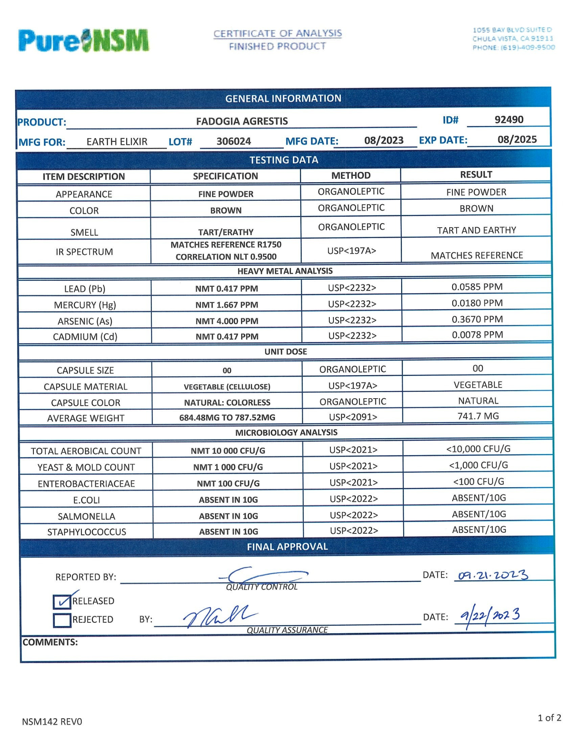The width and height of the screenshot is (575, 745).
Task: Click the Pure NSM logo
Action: click(84, 40)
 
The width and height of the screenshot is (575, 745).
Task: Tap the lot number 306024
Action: click(234, 142)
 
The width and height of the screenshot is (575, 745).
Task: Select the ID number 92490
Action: click(509, 120)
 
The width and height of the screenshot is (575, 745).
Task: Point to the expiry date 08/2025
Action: click(517, 140)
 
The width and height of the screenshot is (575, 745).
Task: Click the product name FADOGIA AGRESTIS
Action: click(242, 121)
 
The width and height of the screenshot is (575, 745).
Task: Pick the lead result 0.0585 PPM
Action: click(477, 287)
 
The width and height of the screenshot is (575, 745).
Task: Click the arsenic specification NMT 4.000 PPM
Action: click(227, 321)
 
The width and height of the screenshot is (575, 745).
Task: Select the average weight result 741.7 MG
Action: click(478, 416)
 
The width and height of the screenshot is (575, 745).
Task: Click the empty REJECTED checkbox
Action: click(61, 620)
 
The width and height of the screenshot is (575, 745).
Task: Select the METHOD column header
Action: click(351, 175)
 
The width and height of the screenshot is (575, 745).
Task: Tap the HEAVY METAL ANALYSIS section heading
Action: click(285, 271)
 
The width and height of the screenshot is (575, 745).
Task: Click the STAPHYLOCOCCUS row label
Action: click(86, 532)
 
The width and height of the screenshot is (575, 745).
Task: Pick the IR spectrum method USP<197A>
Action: click(351, 251)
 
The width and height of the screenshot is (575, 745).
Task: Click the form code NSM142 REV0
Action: click(52, 722)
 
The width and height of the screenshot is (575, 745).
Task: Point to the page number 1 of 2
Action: click(549, 718)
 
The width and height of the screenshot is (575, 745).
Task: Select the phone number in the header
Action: click(513, 48)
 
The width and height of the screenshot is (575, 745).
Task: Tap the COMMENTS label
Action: click(50, 642)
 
